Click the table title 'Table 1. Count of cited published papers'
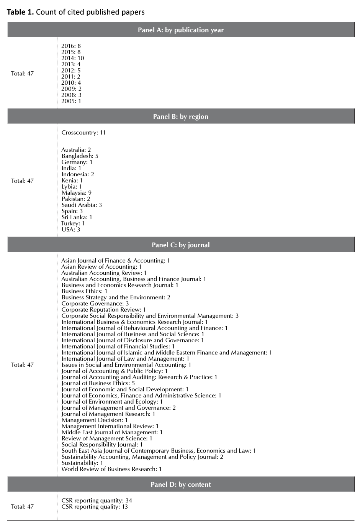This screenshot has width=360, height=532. [x=76, y=12]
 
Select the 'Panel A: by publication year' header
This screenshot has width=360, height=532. [x=181, y=30]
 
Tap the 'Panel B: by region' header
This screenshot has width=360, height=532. [x=181, y=117]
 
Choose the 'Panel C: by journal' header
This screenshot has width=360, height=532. [x=181, y=245]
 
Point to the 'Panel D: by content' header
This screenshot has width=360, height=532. [x=181, y=484]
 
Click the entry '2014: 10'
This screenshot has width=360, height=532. [x=73, y=58]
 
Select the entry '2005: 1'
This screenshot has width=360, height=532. [x=71, y=101]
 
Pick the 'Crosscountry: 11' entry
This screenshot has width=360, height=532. [x=83, y=133]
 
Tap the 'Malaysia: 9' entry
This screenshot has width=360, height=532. [x=77, y=193]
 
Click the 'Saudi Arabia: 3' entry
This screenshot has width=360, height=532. [x=82, y=205]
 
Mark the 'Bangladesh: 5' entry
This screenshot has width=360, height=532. [x=80, y=156]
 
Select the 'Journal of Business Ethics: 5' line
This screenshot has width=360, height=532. [x=98, y=383]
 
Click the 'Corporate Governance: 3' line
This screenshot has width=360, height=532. [x=95, y=304]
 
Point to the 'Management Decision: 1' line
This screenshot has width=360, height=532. [x=95, y=420]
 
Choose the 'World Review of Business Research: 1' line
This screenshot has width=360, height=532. [x=112, y=469]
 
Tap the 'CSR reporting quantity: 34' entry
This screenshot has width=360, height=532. [x=97, y=501]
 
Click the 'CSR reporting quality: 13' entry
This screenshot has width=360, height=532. [x=95, y=507]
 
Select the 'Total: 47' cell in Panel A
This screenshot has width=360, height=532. [x=23, y=74]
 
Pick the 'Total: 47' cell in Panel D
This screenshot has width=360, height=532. [x=23, y=507]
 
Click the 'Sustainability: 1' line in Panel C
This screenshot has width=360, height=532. [x=82, y=463]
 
